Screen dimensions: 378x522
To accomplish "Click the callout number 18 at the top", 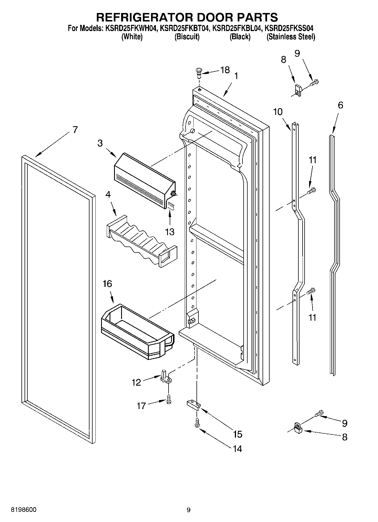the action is pos(225,70).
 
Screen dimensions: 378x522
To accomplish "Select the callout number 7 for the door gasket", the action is pos(75,130).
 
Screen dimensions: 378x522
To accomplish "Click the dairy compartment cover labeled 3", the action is pos(144,180).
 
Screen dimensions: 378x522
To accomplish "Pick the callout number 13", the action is pos(170,232).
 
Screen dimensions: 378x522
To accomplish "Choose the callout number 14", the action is pos(237,449).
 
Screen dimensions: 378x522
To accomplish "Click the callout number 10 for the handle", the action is pos(278,112).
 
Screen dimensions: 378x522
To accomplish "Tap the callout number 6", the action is pos(340,105).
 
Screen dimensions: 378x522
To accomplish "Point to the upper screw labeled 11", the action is pos(312,191).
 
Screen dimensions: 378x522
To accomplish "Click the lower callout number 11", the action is pos(312,317).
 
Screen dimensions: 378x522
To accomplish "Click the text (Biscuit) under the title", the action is pos(187,37).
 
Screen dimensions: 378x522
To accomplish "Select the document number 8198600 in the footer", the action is pos(23,510).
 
